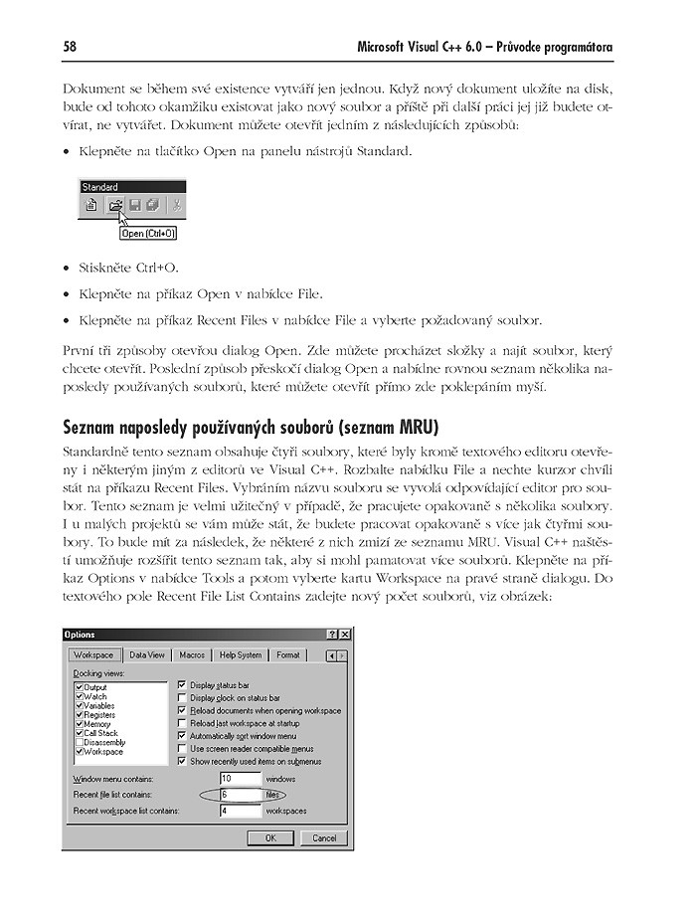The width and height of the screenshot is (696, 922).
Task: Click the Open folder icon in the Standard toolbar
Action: tap(114, 207)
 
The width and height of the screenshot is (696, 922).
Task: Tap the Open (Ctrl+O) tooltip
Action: tap(147, 234)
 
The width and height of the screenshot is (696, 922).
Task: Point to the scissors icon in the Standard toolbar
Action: tap(176, 207)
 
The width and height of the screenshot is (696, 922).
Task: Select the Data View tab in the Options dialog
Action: tap(147, 655)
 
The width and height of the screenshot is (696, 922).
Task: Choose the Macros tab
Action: tap(191, 655)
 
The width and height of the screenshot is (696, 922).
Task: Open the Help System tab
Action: tap(241, 655)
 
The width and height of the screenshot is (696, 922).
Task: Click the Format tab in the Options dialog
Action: tap(288, 655)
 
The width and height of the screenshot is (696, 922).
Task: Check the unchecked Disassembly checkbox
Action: tap(79, 742)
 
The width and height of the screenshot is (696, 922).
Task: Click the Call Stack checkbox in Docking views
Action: tap(79, 733)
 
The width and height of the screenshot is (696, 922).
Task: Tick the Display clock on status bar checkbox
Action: tap(181, 698)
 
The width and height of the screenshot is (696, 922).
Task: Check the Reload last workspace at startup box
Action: tap(181, 723)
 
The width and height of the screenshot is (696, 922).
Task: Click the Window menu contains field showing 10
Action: tap(240, 779)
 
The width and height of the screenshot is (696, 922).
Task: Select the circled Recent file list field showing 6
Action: tap(240, 795)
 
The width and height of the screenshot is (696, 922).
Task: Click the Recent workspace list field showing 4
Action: tap(240, 811)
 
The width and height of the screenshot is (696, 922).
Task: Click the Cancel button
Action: tap(324, 838)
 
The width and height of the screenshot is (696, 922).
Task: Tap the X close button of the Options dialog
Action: tap(344, 635)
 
